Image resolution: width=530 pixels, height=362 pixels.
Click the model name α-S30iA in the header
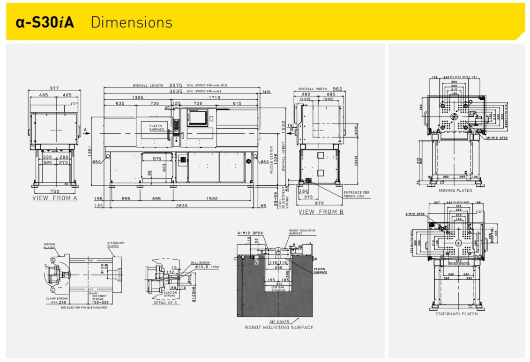(x=45, y=22)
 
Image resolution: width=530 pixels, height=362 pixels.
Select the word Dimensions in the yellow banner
(x=131, y=22)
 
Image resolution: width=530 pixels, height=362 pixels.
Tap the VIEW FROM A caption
(x=55, y=198)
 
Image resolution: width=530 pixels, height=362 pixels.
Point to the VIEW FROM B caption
(x=321, y=212)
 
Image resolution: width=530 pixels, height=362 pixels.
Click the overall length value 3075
(x=175, y=86)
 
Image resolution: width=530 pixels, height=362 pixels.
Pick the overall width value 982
(x=337, y=89)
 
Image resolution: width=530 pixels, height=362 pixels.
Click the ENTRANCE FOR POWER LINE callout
(x=356, y=194)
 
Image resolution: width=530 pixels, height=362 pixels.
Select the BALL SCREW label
(x=198, y=263)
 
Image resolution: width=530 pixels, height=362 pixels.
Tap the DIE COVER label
(x=279, y=322)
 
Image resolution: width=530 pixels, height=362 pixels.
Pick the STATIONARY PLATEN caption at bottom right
(x=456, y=314)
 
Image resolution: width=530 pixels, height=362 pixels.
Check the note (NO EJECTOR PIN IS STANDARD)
(x=84, y=307)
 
